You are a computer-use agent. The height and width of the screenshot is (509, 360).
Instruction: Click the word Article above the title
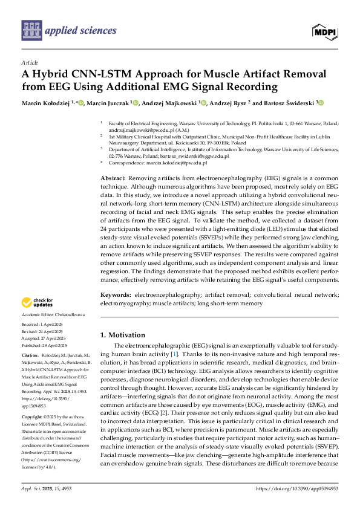coord(29,62)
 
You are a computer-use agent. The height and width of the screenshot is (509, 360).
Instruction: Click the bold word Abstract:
coord(113,180)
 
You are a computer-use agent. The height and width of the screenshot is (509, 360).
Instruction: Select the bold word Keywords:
coord(116,294)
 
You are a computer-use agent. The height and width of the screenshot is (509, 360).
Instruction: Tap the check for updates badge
coord(38,302)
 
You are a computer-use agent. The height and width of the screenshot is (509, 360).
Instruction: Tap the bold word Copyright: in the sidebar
coord(32,417)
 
